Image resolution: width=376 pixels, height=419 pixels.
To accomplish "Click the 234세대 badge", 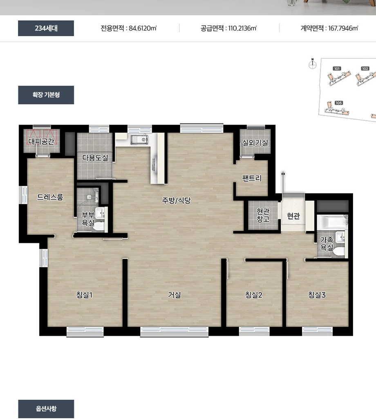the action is pyautogui.click(x=46, y=28).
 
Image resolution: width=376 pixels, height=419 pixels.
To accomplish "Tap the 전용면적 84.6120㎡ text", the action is pyautogui.click(x=129, y=28).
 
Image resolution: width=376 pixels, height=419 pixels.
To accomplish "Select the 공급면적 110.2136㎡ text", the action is pyautogui.click(x=228, y=28).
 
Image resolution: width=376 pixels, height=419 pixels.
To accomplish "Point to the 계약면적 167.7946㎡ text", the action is pyautogui.click(x=329, y=28).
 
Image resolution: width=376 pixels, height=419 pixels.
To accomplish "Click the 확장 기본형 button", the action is pyautogui.click(x=46, y=95).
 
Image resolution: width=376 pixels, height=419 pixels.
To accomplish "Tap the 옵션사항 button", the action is pyautogui.click(x=46, y=408).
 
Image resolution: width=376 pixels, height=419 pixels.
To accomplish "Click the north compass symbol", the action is pyautogui.click(x=312, y=64).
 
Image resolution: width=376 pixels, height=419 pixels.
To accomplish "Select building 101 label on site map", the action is pyautogui.click(x=337, y=69).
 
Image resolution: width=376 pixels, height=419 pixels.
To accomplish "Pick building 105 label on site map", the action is pyautogui.click(x=339, y=103).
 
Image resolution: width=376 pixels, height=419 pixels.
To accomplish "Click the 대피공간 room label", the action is pyautogui.click(x=41, y=141).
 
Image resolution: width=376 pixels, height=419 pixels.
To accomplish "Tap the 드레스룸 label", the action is pyautogui.click(x=50, y=197).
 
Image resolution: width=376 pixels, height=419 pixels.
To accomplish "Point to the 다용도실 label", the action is pyautogui.click(x=95, y=157).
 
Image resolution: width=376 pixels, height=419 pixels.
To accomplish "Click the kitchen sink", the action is pyautogui.click(x=139, y=140).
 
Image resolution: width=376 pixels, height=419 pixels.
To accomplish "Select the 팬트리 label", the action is pyautogui.click(x=252, y=178).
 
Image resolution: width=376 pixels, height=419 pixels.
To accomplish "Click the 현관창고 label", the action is pyautogui.click(x=263, y=215).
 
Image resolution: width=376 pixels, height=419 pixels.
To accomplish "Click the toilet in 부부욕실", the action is pyautogui.click(x=98, y=226).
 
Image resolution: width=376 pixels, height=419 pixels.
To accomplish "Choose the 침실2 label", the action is pyautogui.click(x=254, y=295).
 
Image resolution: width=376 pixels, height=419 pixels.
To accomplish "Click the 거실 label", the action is pyautogui.click(x=175, y=295).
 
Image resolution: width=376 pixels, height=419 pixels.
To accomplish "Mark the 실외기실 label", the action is pyautogui.click(x=255, y=143).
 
